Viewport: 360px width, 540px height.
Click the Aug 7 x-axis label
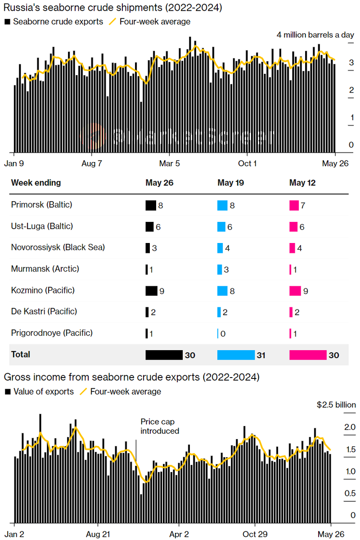click(91, 163)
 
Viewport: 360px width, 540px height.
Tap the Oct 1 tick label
click(247, 163)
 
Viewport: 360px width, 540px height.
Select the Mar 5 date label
click(170, 163)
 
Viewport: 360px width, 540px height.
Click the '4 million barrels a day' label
click(315, 35)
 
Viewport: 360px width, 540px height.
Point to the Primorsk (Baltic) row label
click(41, 205)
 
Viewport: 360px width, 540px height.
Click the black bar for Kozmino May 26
click(151, 291)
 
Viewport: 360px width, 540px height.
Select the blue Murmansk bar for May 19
click(220, 270)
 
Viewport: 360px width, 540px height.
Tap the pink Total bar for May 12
click(308, 355)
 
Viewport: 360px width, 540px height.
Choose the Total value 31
click(261, 355)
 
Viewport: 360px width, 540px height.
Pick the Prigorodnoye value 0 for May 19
click(222, 333)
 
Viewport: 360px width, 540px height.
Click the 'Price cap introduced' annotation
click(159, 426)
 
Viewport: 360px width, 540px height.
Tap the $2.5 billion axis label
click(335, 405)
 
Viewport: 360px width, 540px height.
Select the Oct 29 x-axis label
click(255, 534)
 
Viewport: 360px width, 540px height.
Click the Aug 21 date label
click(99, 534)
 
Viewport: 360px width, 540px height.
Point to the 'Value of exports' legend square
click(7, 392)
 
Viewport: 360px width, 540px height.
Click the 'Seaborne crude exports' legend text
click(58, 22)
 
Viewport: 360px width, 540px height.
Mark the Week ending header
click(36, 183)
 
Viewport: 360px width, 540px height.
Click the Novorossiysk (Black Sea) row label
click(58, 247)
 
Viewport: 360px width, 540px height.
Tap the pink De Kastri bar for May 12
click(291, 312)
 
